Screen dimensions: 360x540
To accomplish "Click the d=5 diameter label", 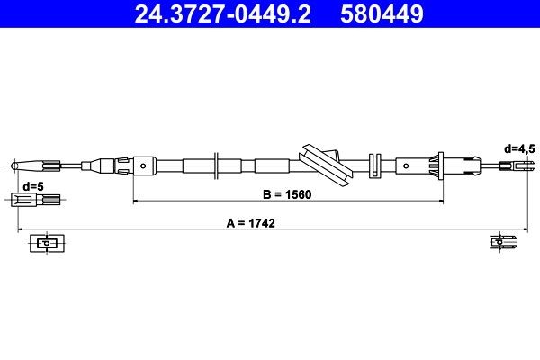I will point(32,186).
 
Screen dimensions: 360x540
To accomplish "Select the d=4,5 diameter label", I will point(519,148).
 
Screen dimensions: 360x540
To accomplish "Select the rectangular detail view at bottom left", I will point(44,243).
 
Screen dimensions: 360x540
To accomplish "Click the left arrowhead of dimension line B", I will point(137,201).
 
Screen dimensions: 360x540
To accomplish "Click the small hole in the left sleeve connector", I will point(143,165).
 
